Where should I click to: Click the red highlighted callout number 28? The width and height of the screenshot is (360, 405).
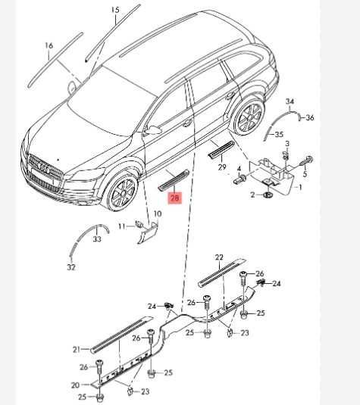[x=175, y=198]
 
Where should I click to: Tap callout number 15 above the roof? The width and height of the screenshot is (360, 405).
[x=115, y=10]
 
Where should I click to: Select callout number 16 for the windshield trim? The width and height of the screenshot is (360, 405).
[x=49, y=45]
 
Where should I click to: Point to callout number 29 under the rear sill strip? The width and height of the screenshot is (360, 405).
[x=222, y=167]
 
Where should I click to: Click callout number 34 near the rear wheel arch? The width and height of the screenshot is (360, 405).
[x=290, y=101]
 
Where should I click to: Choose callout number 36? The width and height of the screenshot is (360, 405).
[x=309, y=118]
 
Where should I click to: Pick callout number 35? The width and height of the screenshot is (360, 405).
[x=279, y=134]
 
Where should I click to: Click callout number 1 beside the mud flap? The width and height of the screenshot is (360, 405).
[x=300, y=187]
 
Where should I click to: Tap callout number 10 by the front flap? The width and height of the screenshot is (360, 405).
[x=158, y=214]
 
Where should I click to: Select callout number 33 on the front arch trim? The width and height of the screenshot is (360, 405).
[x=97, y=239]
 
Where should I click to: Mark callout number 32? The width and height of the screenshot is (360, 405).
[x=71, y=267]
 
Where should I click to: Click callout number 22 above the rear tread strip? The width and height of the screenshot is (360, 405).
[x=219, y=257]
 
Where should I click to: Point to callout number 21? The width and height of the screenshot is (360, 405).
[x=77, y=350]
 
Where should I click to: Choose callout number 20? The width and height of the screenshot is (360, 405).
[x=75, y=385]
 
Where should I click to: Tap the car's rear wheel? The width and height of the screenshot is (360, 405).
[x=249, y=116]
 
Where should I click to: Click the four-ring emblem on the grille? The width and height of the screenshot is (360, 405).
[x=43, y=168]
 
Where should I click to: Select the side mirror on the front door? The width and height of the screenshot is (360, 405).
[x=153, y=129]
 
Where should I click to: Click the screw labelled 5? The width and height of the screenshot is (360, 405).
[x=306, y=161]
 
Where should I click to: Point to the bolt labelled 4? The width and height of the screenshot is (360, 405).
[x=239, y=179]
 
